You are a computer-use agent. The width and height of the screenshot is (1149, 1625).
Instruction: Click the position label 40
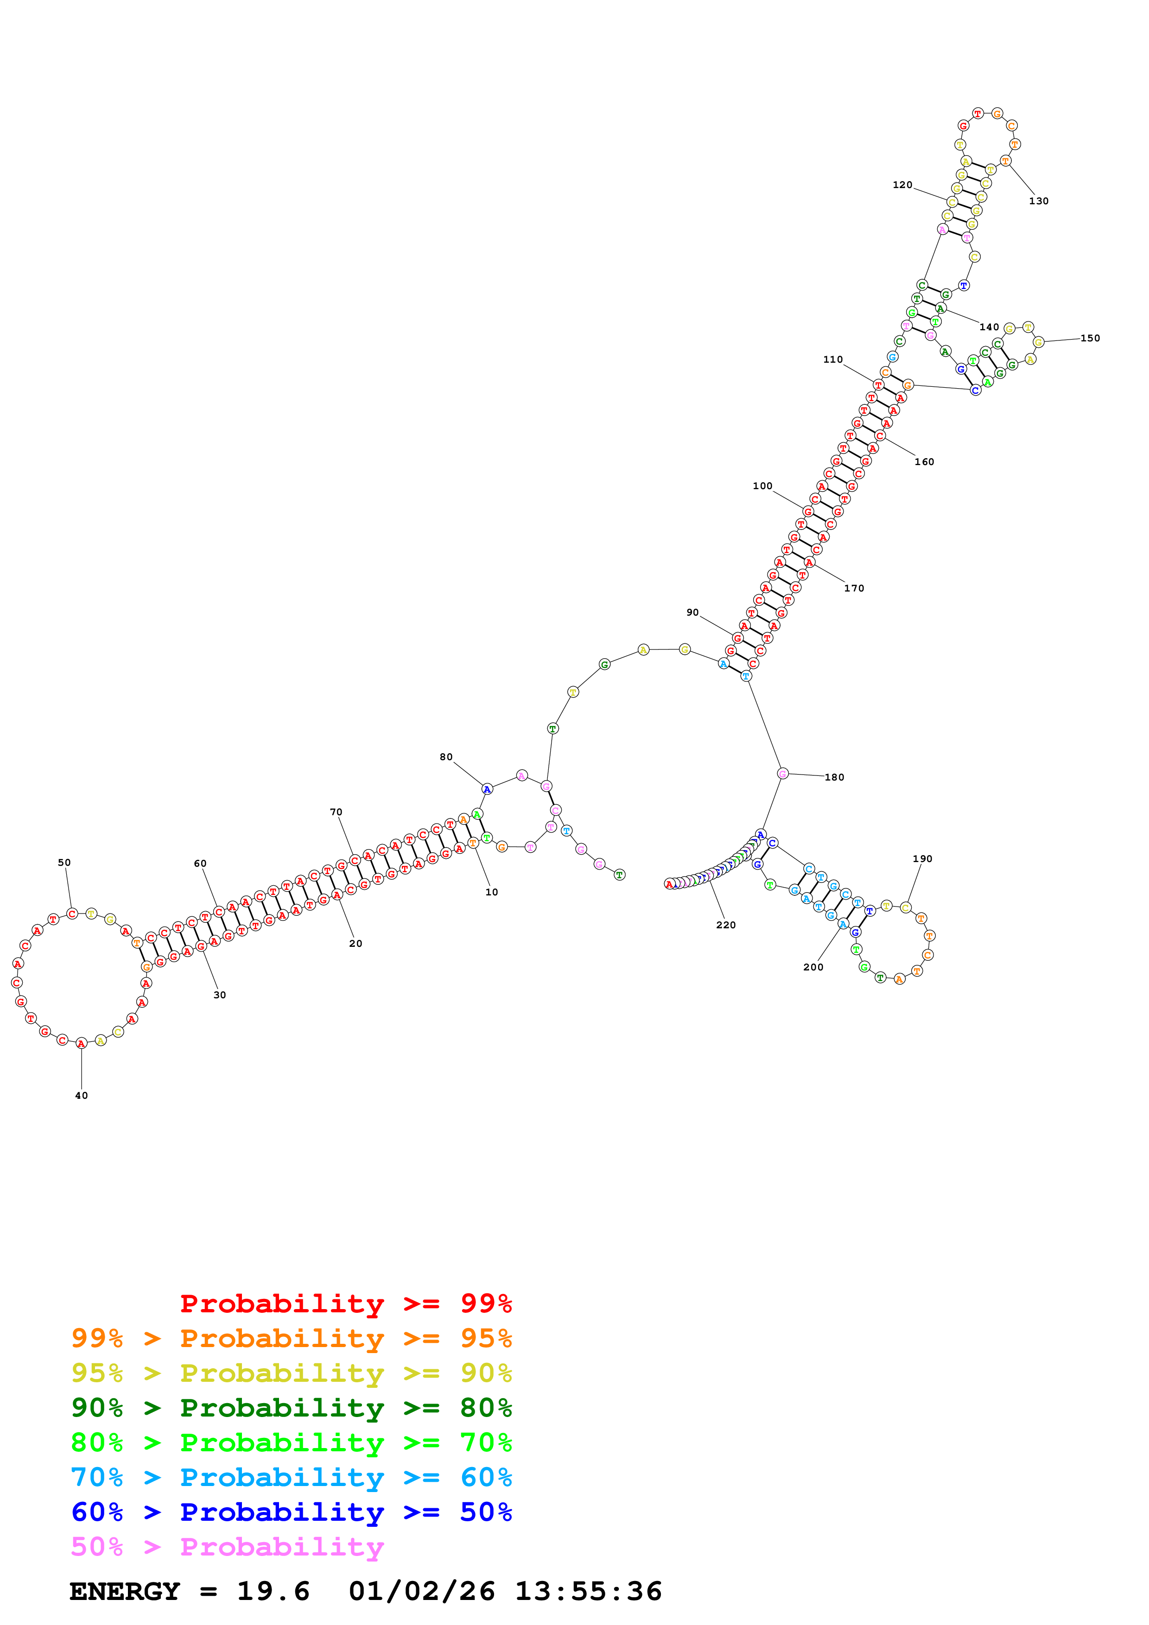(82, 1096)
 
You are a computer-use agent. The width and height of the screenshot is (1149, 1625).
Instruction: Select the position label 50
(64, 863)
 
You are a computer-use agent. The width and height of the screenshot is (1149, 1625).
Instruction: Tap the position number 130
(1039, 201)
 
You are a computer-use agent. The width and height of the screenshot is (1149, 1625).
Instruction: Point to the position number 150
(1090, 338)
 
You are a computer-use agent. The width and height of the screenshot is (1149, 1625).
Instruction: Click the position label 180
(835, 777)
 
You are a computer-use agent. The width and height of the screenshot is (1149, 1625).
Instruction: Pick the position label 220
(726, 925)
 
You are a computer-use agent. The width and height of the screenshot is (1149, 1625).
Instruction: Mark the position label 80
(446, 757)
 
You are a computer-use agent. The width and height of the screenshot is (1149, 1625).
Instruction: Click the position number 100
(762, 486)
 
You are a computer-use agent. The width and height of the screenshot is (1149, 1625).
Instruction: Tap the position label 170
(854, 588)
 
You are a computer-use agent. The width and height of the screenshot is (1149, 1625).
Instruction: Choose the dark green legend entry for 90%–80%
(292, 1408)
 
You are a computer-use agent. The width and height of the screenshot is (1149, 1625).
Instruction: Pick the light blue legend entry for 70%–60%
(292, 1477)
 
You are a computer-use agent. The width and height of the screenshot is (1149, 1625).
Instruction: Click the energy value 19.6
(273, 1591)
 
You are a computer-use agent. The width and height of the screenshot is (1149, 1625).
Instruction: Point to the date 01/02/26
(422, 1591)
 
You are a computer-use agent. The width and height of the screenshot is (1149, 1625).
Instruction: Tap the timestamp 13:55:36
(588, 1591)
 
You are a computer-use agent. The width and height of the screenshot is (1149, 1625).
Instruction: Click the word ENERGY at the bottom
(125, 1591)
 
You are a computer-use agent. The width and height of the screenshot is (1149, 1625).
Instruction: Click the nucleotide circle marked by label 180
(782, 774)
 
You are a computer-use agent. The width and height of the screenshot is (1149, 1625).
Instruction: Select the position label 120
(902, 185)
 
